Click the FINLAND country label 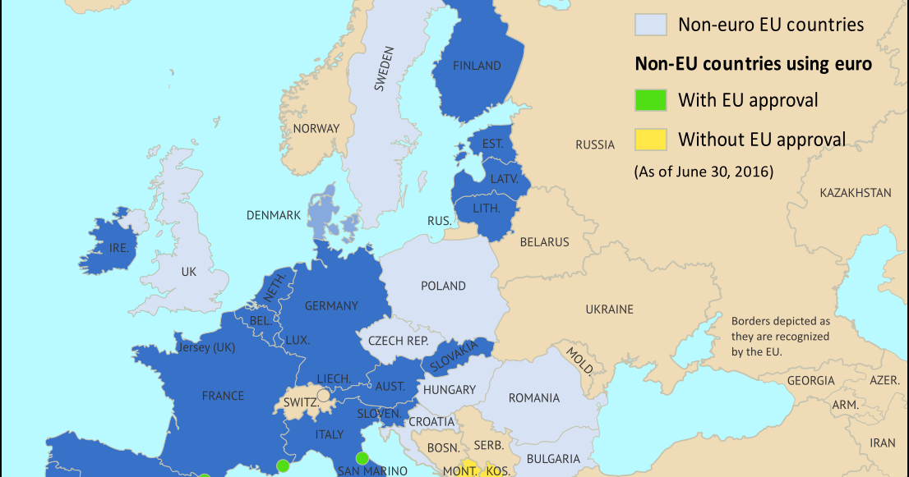point(477,66)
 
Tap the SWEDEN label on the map point(384,68)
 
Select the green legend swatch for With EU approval point(649,100)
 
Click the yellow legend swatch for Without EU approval point(649,139)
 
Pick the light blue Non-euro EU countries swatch point(649,24)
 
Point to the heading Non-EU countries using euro point(753,63)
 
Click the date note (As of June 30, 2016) point(703,172)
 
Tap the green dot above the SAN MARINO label point(362,458)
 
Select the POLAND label point(443,287)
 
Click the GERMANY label point(331,306)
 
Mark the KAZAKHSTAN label point(855,193)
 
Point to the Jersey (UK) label point(205,347)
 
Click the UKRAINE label point(609,310)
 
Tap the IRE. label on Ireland point(118,247)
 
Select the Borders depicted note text point(781,336)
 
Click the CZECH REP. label point(398,341)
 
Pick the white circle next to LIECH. point(324,395)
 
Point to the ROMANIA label point(534,398)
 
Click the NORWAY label point(316,128)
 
